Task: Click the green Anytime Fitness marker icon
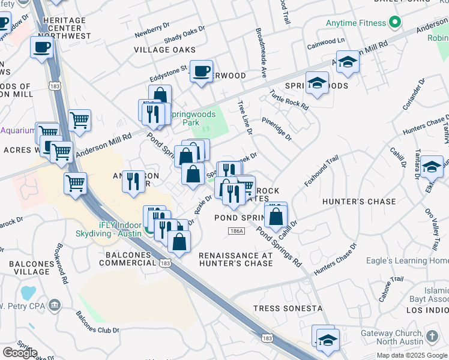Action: pyautogui.click(x=394, y=23)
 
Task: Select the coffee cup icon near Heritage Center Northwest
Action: pyautogui.click(x=42, y=47)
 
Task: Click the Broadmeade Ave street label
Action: pyautogui.click(x=261, y=53)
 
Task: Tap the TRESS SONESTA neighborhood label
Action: pyautogui.click(x=288, y=308)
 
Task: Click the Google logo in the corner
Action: pyautogui.click(x=20, y=353)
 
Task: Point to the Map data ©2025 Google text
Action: pyautogui.click(x=412, y=355)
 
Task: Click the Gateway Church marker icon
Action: pyautogui.click(x=432, y=334)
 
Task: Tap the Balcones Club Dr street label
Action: pyautogui.click(x=93, y=322)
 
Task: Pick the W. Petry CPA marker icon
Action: pyautogui.click(x=55, y=305)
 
